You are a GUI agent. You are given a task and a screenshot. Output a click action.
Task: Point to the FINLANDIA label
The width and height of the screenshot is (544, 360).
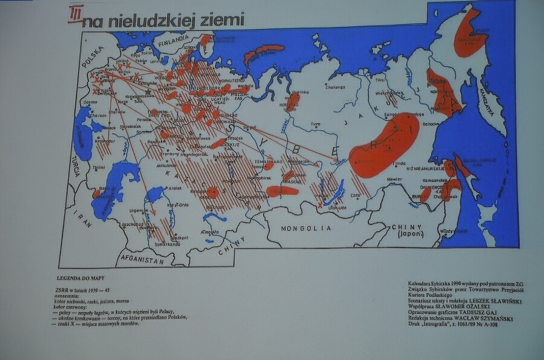[x=172, y=43]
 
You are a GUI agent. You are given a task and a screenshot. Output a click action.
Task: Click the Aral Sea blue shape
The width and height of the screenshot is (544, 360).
[x=155, y=194]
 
